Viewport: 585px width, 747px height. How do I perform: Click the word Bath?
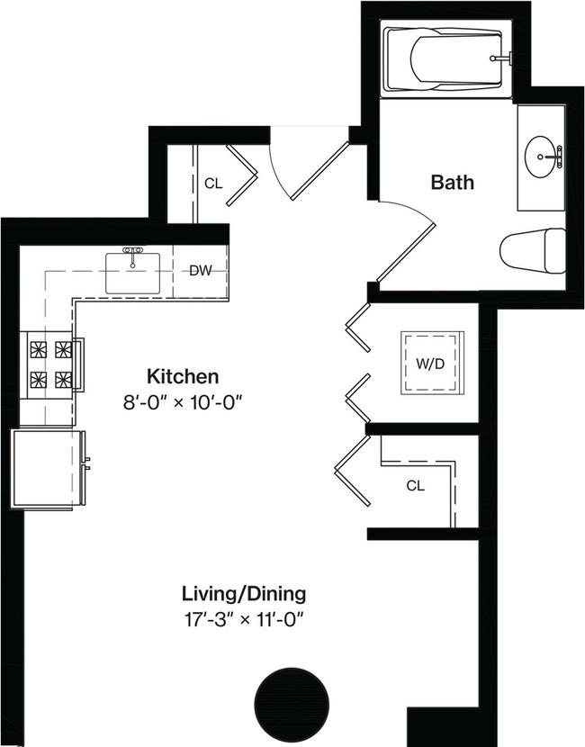(x=452, y=183)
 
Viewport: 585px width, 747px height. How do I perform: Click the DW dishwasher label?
(x=200, y=270)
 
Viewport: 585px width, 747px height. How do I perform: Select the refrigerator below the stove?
(x=47, y=468)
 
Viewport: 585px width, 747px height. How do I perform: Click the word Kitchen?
(x=183, y=375)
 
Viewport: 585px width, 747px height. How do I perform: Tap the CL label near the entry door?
(x=213, y=184)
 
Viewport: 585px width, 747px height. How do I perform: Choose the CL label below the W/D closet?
(x=415, y=485)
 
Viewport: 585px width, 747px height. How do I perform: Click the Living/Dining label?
(x=244, y=594)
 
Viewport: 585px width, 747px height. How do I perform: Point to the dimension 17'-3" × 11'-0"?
(x=244, y=619)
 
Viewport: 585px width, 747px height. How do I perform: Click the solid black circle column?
(x=292, y=701)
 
